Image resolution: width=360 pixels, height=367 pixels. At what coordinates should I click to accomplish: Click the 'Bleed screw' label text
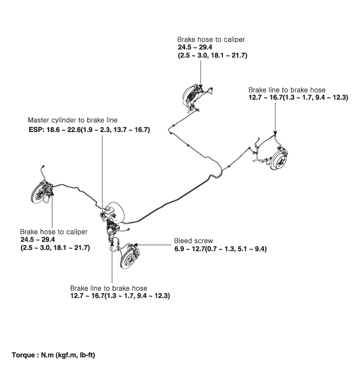[194, 241]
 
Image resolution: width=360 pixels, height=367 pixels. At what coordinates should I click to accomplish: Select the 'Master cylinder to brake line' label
[73, 120]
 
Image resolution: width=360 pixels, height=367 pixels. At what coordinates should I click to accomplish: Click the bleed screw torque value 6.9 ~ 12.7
[189, 249]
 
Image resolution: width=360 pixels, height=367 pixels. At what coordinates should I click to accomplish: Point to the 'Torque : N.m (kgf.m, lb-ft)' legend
[53, 355]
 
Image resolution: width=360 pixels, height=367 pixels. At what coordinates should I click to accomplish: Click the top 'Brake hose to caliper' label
[211, 39]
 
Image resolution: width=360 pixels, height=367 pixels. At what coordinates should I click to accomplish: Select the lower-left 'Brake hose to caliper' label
[54, 232]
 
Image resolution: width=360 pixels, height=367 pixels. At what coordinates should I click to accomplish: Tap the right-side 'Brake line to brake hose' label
[287, 90]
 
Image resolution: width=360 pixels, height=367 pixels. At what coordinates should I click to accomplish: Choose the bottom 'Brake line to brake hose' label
[109, 288]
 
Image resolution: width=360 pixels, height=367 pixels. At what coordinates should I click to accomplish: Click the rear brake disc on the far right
[279, 159]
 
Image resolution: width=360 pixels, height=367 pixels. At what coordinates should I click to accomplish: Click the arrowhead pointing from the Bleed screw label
[135, 245]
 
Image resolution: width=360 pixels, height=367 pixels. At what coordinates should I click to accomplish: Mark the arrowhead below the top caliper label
[201, 87]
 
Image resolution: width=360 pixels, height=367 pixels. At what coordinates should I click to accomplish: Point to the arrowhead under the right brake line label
[275, 133]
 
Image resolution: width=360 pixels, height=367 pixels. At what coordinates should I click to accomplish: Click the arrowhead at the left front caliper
[52, 193]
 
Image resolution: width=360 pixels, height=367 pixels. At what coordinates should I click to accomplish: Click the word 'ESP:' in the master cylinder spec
[36, 129]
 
